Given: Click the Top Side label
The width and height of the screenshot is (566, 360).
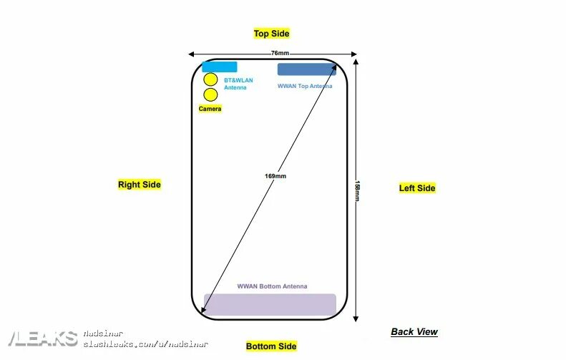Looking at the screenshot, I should pyautogui.click(x=271, y=34).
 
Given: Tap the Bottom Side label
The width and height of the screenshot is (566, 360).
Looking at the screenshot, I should pyautogui.click(x=270, y=346).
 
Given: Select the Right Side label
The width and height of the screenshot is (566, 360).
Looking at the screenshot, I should pyautogui.click(x=140, y=185).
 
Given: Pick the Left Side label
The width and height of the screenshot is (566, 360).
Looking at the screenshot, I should pyautogui.click(x=416, y=188).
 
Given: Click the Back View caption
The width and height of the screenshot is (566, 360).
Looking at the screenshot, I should pyautogui.click(x=414, y=332).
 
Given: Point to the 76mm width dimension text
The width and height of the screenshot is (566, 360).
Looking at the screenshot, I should pyautogui.click(x=280, y=54).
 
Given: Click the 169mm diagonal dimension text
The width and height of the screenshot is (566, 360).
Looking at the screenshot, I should pyautogui.click(x=275, y=176).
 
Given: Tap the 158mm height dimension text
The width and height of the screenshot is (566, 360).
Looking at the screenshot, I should pyautogui.click(x=356, y=190).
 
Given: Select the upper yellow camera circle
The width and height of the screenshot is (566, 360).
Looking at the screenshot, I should pyautogui.click(x=210, y=79).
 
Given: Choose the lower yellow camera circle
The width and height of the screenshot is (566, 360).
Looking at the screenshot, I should pyautogui.click(x=210, y=94).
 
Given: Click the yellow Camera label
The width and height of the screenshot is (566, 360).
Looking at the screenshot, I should pyautogui.click(x=210, y=109).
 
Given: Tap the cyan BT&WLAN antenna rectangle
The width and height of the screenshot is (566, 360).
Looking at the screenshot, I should pyautogui.click(x=220, y=67).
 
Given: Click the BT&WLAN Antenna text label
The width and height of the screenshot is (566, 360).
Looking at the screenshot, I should pyautogui.click(x=238, y=84).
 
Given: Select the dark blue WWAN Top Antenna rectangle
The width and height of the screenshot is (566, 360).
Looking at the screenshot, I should pyautogui.click(x=306, y=69).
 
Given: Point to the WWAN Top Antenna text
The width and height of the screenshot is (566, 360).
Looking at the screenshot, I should pyautogui.click(x=305, y=86).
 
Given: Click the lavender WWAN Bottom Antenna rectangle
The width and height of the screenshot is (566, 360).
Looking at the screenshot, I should pyautogui.click(x=270, y=304).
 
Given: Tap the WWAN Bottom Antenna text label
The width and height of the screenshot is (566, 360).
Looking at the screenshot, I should pyautogui.click(x=272, y=286).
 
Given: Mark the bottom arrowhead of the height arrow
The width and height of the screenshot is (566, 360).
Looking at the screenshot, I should pyautogui.click(x=356, y=319).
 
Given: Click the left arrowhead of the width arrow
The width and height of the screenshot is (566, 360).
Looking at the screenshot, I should pyautogui.click(x=191, y=54).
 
